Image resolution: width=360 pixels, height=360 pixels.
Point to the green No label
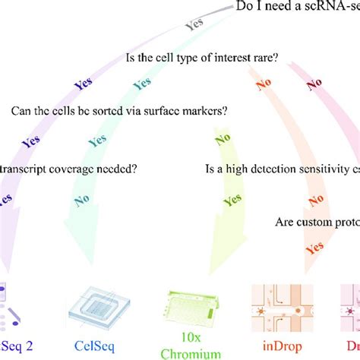coord(223,138)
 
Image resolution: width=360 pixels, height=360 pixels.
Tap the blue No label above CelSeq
coord(84,201)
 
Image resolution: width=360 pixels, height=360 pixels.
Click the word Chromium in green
coord(196,352)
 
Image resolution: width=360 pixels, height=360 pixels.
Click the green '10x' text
coord(196,334)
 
